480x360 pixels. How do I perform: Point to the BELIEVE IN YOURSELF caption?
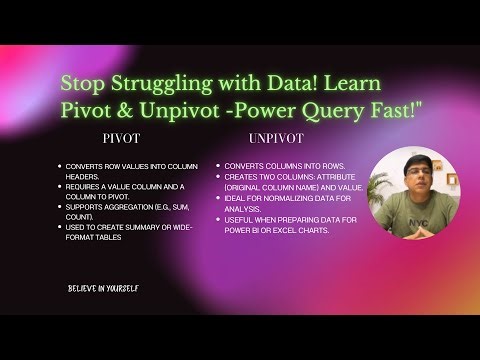pos(103,288)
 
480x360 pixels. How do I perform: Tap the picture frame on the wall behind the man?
pos(451,179)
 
